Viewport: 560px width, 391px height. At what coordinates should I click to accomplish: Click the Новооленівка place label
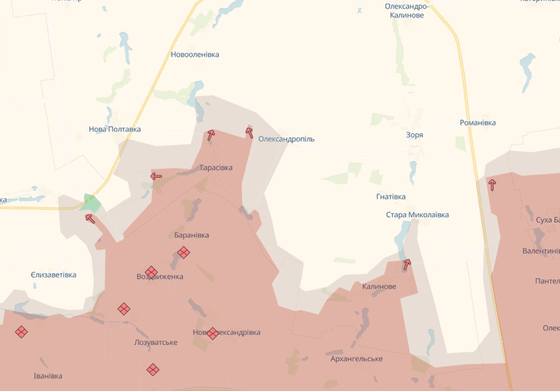[x=194, y=54]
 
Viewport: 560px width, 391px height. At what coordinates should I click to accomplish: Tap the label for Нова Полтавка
[x=114, y=129]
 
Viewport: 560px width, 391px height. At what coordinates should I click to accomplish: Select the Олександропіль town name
[x=286, y=139]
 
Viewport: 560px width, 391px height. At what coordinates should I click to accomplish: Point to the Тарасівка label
[x=216, y=167]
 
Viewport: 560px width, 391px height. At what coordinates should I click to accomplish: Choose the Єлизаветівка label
[x=54, y=275]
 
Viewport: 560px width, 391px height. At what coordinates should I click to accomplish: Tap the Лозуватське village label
[x=156, y=343]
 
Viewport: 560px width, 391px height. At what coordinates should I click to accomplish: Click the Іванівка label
[x=48, y=376]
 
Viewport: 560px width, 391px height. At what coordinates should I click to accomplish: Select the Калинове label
[x=379, y=287]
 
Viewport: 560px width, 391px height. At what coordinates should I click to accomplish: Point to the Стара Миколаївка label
[x=417, y=215]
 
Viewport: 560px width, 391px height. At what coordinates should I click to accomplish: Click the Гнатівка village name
[x=390, y=197]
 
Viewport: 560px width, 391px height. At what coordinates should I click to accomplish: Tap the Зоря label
[x=414, y=135]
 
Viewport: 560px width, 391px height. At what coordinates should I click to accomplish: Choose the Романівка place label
[x=478, y=123]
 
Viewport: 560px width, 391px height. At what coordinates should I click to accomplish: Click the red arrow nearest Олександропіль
[x=249, y=132]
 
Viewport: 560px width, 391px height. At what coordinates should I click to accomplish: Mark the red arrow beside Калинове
[x=407, y=265]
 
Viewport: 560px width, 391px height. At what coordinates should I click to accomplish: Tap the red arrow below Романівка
[x=492, y=184]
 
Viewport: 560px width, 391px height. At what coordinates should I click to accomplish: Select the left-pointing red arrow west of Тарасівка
[x=156, y=176]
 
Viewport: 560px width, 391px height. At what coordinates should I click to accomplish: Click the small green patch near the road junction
[x=92, y=203]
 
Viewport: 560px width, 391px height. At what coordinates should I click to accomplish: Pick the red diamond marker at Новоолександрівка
[x=213, y=333]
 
